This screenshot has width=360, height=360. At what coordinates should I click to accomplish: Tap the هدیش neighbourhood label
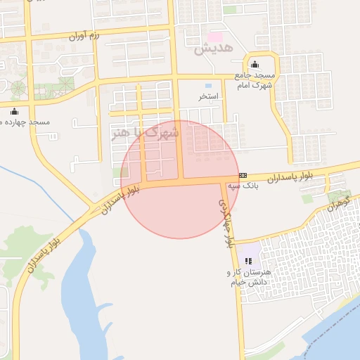(x=207, y=50)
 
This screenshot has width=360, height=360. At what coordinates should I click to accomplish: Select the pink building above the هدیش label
(x=214, y=36)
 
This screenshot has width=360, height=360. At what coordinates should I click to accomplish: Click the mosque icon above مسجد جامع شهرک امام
(x=254, y=65)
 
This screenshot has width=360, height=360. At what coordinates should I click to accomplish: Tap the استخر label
(x=209, y=96)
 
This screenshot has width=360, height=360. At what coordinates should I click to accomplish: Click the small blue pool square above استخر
(x=208, y=85)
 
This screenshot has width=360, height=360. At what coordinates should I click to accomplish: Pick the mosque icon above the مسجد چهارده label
(x=14, y=111)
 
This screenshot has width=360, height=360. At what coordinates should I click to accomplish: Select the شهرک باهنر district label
(x=146, y=131)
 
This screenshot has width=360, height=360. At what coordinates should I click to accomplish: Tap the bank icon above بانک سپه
(x=243, y=175)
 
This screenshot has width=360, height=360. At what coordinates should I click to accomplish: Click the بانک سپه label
(x=243, y=186)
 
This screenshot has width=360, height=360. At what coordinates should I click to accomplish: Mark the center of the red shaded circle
(x=180, y=179)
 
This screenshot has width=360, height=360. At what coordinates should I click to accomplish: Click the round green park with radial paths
(x=18, y=89)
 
